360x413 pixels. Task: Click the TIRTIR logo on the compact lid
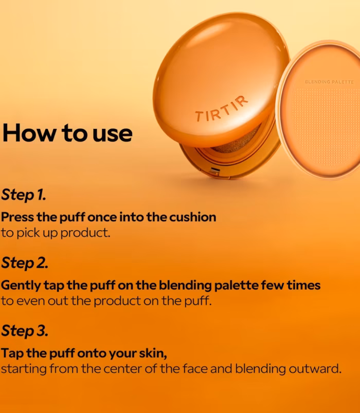point(222,109)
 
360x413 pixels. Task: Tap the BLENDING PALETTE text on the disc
point(329,82)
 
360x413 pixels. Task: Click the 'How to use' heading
point(67,133)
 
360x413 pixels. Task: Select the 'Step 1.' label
point(24,195)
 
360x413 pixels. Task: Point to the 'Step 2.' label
point(25,263)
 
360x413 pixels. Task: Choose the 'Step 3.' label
point(25,331)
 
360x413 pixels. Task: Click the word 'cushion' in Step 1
point(192,217)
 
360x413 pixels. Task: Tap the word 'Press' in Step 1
point(17,217)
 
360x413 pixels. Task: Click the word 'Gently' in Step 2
point(21,286)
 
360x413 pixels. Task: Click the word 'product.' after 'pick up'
point(85,233)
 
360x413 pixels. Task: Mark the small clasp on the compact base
point(214,171)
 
